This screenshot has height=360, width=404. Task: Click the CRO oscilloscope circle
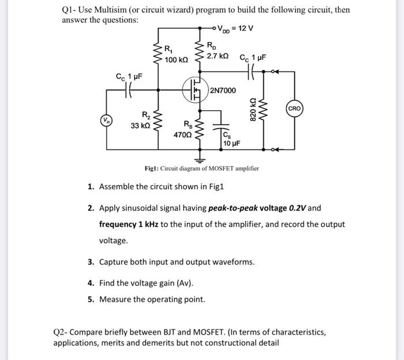click(x=293, y=108)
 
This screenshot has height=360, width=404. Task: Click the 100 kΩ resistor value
click(x=175, y=60)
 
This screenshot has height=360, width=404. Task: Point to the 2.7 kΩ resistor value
click(x=218, y=56)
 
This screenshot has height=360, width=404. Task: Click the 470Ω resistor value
click(x=183, y=133)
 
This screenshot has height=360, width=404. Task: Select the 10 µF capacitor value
click(x=231, y=143)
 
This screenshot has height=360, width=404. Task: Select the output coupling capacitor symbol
click(x=255, y=71)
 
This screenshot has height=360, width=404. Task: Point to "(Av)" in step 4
click(x=185, y=283)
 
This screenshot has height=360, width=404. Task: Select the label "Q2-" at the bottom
click(x=61, y=332)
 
